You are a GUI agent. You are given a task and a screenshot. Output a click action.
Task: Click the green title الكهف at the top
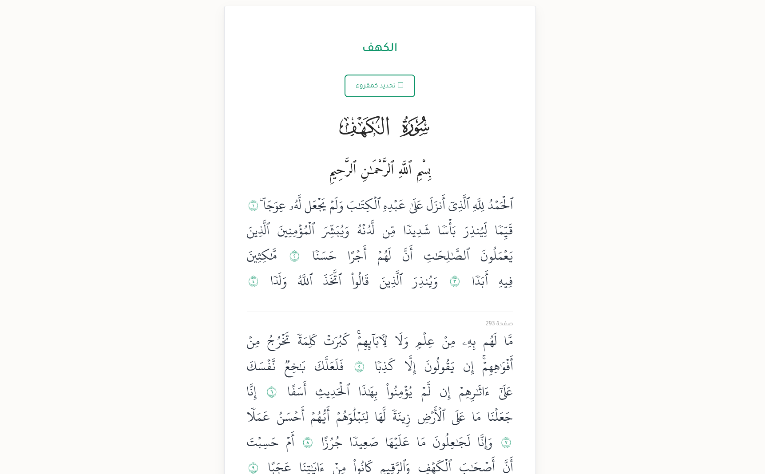380,48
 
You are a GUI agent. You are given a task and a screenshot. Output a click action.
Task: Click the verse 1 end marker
253,205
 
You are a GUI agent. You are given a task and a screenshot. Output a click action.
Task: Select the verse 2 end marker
294,256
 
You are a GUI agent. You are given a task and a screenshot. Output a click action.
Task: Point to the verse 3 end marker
455,281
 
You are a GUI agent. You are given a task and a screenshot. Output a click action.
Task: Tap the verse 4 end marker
253,281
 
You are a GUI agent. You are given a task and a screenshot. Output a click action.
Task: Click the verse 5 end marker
359,367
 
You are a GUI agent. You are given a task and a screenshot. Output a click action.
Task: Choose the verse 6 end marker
271,392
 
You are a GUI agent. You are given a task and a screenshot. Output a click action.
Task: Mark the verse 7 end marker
506,442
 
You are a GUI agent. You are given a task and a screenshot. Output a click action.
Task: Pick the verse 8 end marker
308,442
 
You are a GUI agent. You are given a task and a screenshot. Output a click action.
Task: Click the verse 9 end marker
253,467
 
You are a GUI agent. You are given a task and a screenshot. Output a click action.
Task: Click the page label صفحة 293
499,324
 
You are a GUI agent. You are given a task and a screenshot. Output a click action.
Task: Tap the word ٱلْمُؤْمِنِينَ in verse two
296,230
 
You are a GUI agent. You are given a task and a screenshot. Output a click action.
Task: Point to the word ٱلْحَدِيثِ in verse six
333,392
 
